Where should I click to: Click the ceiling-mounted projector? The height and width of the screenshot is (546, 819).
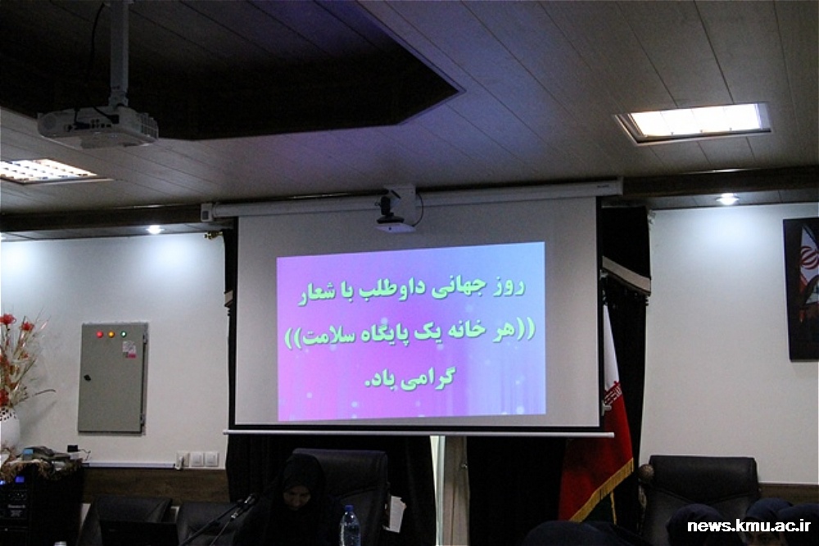click(97, 125)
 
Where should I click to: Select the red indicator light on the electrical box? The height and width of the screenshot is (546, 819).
click(100, 334)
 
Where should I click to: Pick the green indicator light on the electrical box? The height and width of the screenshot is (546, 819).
click(124, 334)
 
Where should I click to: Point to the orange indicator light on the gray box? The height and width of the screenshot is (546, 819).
click(111, 334)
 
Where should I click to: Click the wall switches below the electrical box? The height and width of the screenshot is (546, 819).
click(197, 459)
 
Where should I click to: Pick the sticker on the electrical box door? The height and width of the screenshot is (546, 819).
click(129, 350)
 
